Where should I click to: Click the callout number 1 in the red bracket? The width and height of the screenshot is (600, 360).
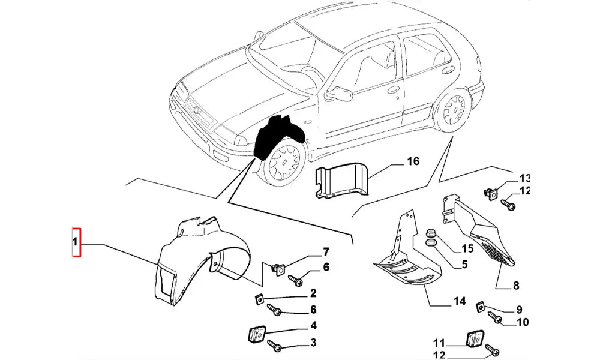click(x=76, y=243)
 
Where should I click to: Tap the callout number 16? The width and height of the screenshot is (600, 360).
click(x=413, y=161)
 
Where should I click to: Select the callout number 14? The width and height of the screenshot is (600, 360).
click(x=460, y=301)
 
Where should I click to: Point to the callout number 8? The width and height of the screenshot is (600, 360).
click(x=516, y=286)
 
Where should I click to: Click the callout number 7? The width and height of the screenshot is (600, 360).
click(x=326, y=251)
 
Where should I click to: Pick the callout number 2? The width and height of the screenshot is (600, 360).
click(x=313, y=294)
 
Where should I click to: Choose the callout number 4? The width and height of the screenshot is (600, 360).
click(x=313, y=327)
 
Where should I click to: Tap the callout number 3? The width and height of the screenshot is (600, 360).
click(x=313, y=343)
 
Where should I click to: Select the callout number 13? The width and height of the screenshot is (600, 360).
click(x=525, y=178)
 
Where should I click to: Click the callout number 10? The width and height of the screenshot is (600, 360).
click(x=522, y=322)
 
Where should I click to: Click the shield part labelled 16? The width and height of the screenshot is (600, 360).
click(x=343, y=178)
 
